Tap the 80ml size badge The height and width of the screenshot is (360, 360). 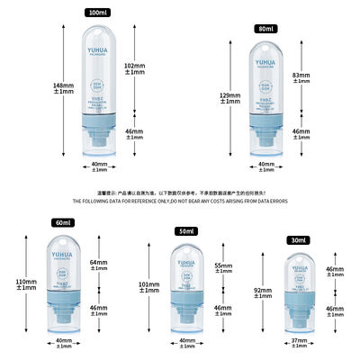[265, 29]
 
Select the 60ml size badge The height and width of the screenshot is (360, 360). [62, 222]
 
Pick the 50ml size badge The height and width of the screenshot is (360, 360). [185, 232]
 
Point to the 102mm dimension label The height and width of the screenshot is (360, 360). [133, 68]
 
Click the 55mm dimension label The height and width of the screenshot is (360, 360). [223, 269]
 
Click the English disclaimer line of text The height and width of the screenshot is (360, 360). [180, 203]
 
